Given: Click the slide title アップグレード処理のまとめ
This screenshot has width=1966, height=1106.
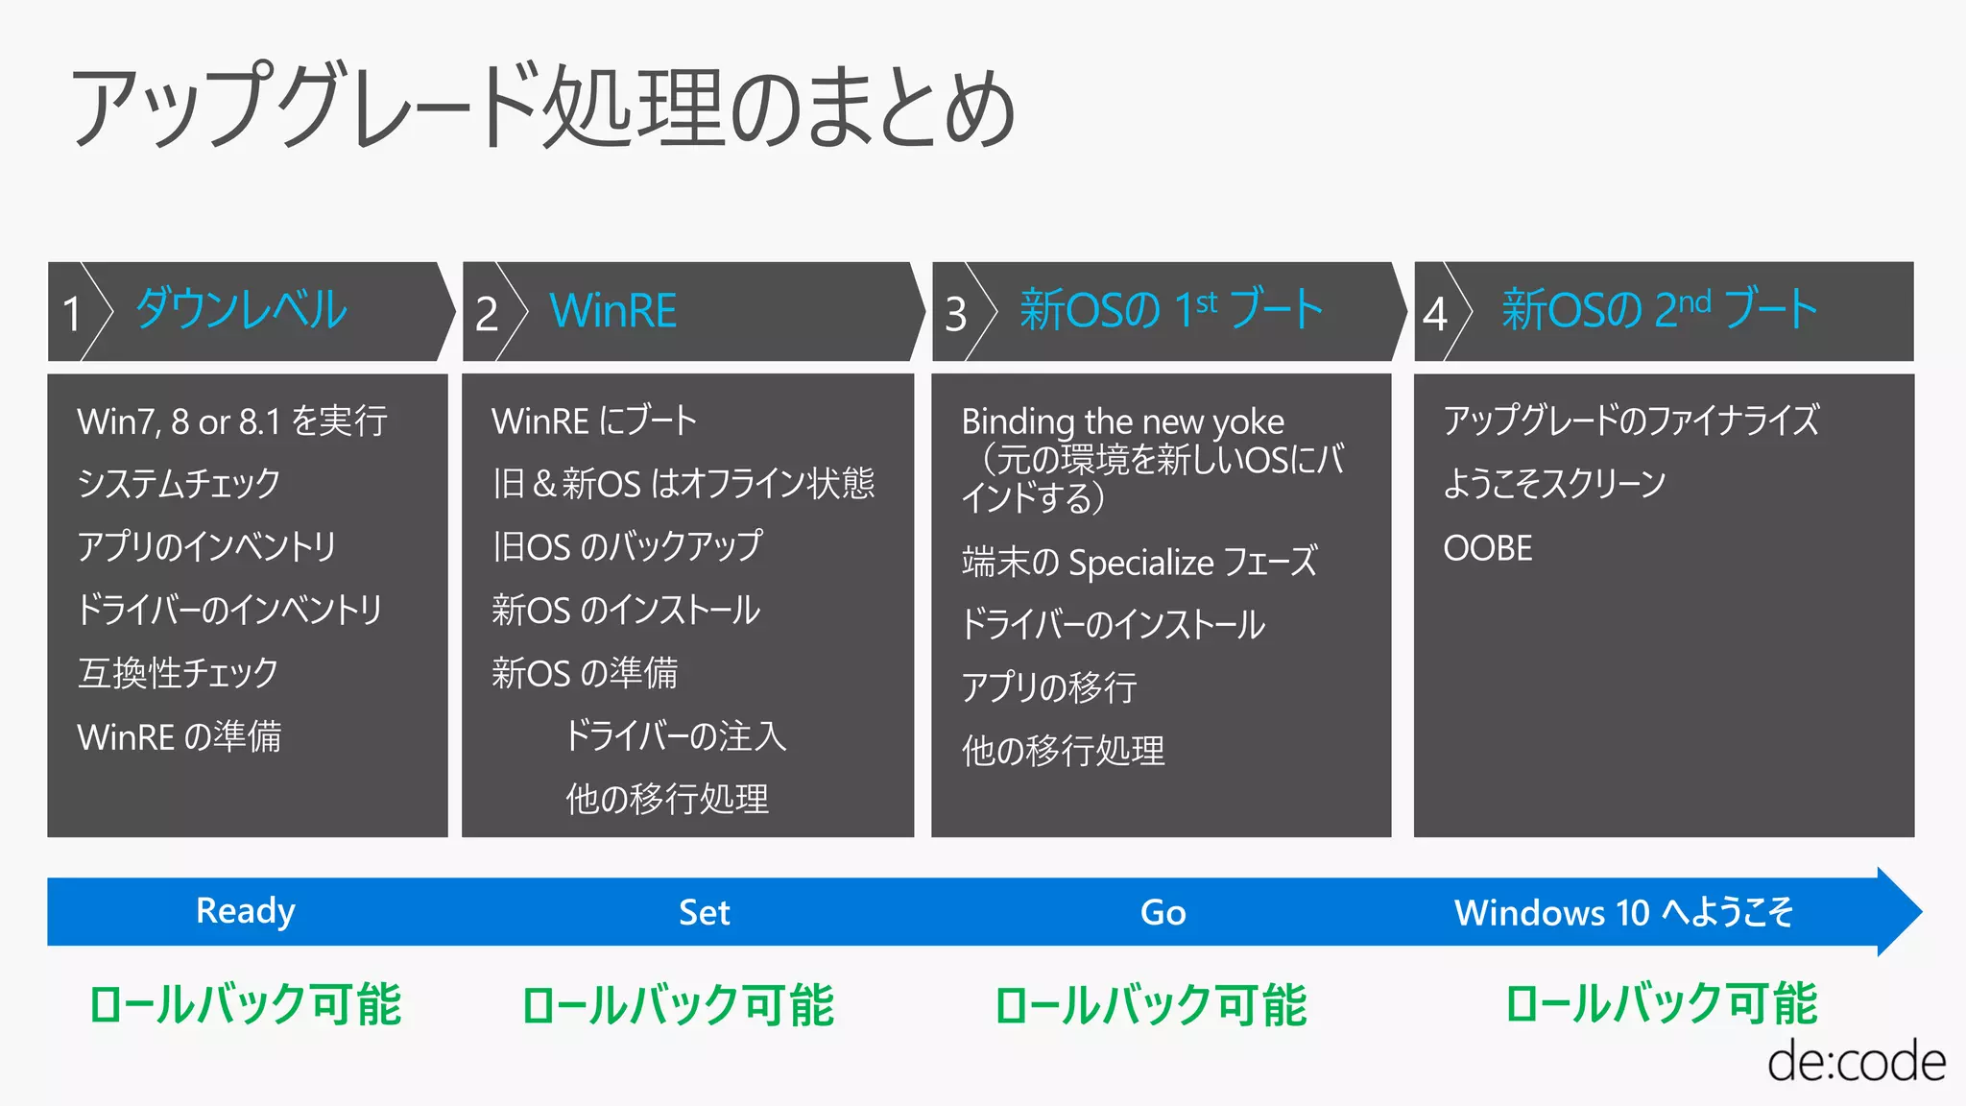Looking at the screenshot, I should (x=542, y=108).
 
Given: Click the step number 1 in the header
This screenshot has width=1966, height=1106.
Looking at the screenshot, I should (x=72, y=314).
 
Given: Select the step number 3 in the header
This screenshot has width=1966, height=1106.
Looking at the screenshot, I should (x=955, y=314).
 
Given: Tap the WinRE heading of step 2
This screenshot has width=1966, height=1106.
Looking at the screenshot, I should (x=612, y=311).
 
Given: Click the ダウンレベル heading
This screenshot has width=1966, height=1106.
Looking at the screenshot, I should (x=241, y=310).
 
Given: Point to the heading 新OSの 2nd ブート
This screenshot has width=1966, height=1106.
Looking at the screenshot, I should (x=1659, y=310).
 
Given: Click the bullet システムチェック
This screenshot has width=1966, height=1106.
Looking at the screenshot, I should (x=179, y=483).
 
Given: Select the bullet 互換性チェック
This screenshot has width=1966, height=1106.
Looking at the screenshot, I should (x=179, y=673).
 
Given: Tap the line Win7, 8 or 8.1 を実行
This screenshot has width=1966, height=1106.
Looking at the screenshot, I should (x=232, y=421).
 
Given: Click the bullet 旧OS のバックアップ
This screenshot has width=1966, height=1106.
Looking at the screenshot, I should (x=627, y=546).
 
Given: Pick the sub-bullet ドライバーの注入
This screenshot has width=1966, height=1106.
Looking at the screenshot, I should (x=675, y=736).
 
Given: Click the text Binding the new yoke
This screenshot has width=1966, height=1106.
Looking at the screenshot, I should (x=1122, y=421).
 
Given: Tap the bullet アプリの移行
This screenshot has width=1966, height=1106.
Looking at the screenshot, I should (x=1049, y=687).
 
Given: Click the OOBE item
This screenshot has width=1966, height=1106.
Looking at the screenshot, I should (x=1487, y=548).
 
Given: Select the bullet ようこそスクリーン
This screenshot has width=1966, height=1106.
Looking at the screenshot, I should (x=1554, y=483).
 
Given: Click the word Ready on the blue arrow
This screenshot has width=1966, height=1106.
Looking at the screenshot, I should (x=246, y=911).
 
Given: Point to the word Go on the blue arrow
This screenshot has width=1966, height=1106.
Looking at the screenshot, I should (x=1163, y=912).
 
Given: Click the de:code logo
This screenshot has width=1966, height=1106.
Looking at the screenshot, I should (x=1856, y=1062).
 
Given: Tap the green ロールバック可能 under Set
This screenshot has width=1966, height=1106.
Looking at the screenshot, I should (x=678, y=1005).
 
